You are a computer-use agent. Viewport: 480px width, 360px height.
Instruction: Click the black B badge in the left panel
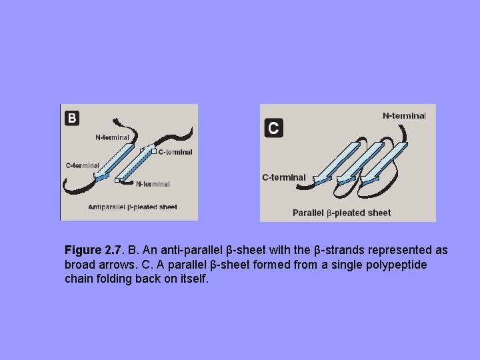click(72, 118)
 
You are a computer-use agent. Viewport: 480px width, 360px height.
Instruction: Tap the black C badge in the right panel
click(273, 127)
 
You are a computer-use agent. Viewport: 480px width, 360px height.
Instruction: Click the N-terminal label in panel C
click(404, 115)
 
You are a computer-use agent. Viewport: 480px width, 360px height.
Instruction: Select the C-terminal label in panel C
click(284, 177)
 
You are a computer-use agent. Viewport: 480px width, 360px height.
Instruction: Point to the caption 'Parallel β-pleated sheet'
click(341, 213)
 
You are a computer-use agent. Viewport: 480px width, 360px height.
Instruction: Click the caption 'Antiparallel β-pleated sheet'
click(133, 207)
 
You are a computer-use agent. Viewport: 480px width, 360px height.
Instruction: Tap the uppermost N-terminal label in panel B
click(113, 137)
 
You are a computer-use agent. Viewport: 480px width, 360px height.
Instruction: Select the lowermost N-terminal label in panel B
click(153, 184)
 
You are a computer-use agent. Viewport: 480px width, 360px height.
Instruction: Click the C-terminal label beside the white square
click(175, 152)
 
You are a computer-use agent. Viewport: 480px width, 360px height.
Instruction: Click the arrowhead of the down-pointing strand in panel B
click(101, 177)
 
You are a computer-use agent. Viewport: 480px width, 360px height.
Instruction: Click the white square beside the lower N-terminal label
click(117, 180)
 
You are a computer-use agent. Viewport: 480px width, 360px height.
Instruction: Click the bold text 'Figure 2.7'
click(93, 251)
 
